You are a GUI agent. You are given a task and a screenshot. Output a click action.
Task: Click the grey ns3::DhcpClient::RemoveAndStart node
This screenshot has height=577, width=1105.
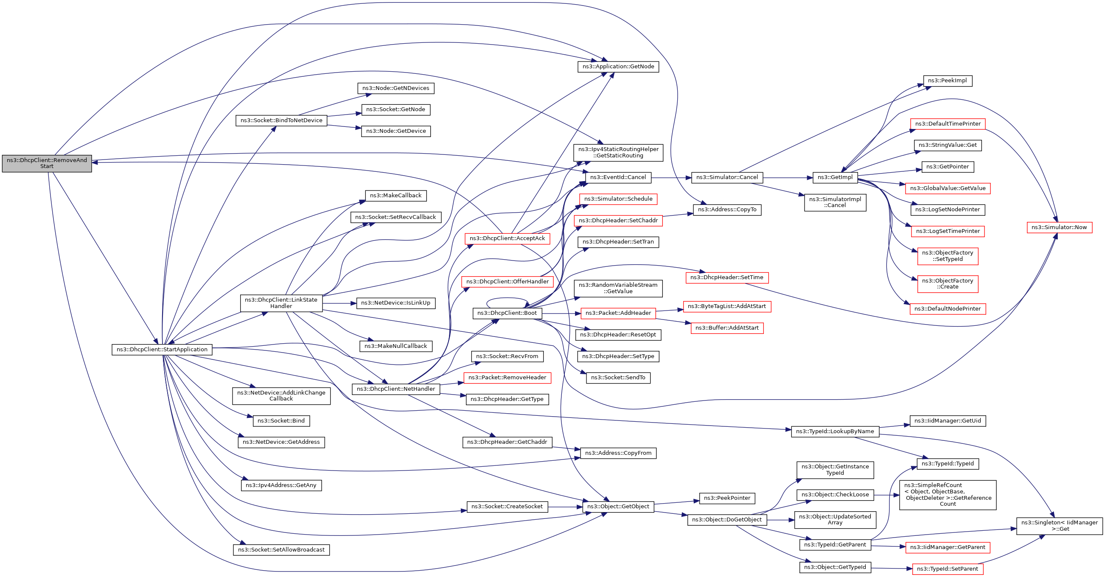47,163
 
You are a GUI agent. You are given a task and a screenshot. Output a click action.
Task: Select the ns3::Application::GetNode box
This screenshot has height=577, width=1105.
618,67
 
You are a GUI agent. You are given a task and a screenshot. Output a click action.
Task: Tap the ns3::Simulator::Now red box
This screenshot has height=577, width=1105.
1059,227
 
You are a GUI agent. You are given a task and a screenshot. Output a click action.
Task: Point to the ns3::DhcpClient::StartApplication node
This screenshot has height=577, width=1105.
162,350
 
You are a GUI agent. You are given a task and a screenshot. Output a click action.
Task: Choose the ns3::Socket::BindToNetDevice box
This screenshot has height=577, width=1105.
281,120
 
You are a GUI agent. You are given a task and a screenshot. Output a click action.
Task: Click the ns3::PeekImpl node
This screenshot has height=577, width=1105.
947,81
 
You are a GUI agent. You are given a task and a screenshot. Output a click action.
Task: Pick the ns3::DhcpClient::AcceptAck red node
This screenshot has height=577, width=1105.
507,238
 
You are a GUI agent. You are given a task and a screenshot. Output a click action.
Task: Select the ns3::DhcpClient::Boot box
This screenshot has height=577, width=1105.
507,313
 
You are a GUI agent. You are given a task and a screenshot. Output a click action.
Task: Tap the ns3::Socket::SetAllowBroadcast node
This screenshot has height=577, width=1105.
281,550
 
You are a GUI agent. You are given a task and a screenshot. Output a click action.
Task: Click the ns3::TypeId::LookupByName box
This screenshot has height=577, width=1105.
835,431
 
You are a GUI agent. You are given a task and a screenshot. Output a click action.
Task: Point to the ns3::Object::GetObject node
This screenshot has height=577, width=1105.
618,507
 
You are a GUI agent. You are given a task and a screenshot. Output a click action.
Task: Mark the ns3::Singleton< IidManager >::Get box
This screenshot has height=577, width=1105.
1059,526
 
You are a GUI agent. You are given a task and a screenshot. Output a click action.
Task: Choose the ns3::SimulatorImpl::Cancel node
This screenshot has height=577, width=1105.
835,202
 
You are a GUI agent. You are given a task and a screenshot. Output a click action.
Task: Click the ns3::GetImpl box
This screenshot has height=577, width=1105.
835,178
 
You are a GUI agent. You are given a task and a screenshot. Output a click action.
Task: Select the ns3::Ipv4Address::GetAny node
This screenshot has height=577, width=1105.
281,486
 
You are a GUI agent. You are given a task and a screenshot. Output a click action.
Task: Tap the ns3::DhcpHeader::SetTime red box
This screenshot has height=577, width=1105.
726,277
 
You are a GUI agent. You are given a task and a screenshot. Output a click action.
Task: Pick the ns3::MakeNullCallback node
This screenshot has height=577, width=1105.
395,346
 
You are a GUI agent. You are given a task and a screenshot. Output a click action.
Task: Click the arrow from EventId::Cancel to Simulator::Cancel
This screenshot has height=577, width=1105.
671,178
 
